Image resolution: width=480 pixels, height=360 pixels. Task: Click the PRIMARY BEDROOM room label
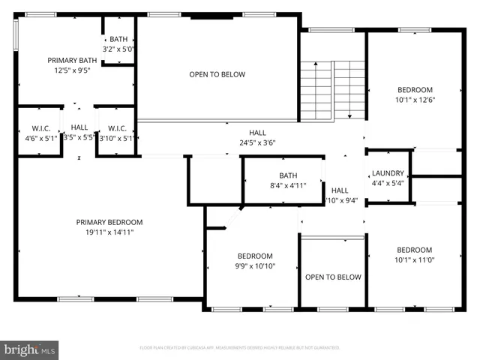tap(109, 222)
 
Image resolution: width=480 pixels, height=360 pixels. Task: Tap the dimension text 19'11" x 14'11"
tap(109, 232)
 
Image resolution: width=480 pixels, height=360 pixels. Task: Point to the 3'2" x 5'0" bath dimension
tap(118, 50)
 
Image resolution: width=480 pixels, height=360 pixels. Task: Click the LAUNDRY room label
tap(388, 172)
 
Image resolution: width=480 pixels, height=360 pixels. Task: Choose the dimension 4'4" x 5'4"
tap(388, 182)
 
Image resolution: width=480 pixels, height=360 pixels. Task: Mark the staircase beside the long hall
tap(333, 88)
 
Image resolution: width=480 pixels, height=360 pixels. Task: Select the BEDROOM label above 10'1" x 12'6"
tap(415, 88)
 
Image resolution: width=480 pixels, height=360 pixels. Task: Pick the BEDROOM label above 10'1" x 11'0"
tap(414, 250)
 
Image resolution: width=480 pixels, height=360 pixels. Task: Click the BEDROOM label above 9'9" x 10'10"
tap(255, 256)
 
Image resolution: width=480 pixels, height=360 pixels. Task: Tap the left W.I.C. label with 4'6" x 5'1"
tap(40, 127)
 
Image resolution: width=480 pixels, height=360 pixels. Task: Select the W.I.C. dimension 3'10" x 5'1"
tap(116, 137)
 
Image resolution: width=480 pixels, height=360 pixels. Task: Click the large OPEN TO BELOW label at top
tap(217, 74)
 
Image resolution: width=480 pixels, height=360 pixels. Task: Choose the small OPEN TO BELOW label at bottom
tap(333, 277)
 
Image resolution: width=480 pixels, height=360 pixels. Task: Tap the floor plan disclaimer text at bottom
tap(240, 348)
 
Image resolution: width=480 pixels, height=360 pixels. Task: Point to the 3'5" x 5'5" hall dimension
tap(79, 137)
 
